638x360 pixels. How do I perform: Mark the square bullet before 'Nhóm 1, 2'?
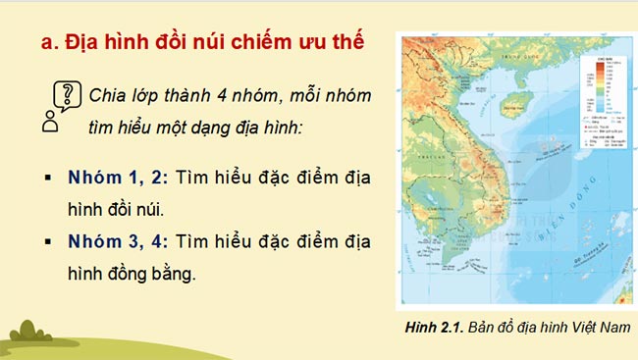(x=47, y=179)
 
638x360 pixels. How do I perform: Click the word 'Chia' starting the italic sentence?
(x=107, y=97)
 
